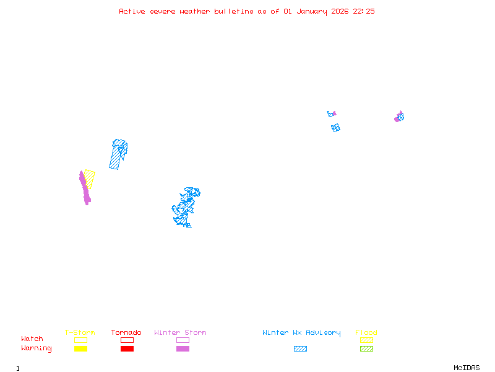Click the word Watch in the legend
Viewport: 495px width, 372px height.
[32, 339]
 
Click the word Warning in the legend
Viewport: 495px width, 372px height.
[37, 348]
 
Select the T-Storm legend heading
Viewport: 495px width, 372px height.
[80, 333]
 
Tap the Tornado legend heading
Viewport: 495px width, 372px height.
[126, 333]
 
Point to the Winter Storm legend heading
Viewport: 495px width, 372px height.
[180, 333]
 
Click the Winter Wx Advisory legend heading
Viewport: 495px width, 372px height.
[301, 333]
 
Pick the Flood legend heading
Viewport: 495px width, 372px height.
[366, 333]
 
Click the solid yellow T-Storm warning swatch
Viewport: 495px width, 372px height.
[80, 349]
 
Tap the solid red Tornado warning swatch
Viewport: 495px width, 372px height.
[127, 349]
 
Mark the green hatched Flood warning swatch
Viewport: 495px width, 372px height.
[366, 349]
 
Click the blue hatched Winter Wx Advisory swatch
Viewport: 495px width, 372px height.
[300, 349]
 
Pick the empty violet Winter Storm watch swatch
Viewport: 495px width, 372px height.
[183, 340]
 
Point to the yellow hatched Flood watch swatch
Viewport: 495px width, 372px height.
[366, 340]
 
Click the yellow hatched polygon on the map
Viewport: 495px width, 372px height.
[90, 179]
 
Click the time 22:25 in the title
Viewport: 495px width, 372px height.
[364, 11]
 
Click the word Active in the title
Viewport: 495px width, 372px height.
[132, 11]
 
